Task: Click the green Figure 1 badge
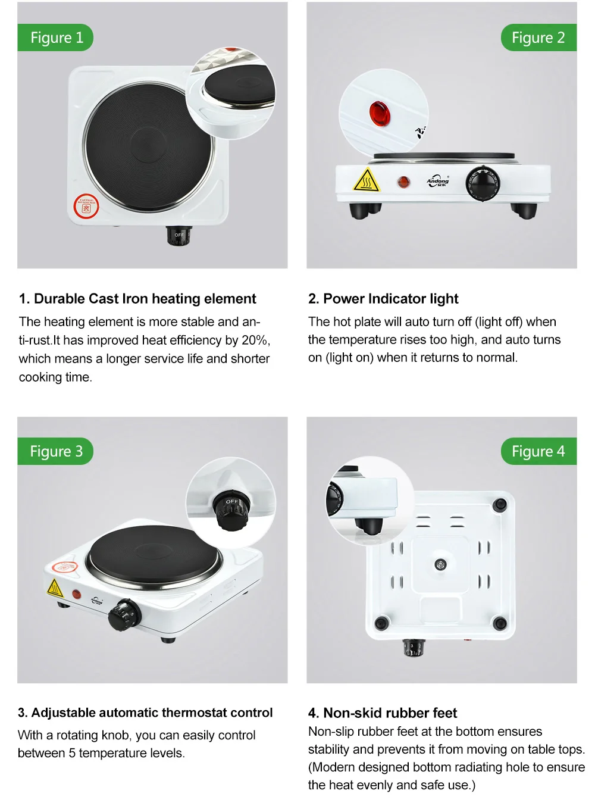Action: pyautogui.click(x=56, y=38)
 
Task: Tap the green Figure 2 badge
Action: pyautogui.click(x=538, y=38)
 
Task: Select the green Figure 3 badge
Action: pyautogui.click(x=56, y=451)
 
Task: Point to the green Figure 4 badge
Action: pyautogui.click(x=538, y=451)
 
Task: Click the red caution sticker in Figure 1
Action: pyautogui.click(x=86, y=207)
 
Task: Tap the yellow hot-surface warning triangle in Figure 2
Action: pyautogui.click(x=367, y=180)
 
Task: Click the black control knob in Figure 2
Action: pyautogui.click(x=482, y=182)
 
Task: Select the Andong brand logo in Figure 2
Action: pyautogui.click(x=438, y=182)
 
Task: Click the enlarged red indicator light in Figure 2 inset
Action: pyautogui.click(x=379, y=113)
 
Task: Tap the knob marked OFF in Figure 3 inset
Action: pyautogui.click(x=231, y=510)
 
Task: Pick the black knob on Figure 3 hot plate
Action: pyautogui.click(x=124, y=615)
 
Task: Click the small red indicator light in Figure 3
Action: pyautogui.click(x=77, y=593)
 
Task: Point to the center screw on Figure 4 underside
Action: pyautogui.click(x=440, y=564)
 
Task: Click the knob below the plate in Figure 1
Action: pyautogui.click(x=178, y=236)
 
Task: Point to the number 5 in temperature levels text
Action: pyautogui.click(x=72, y=753)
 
